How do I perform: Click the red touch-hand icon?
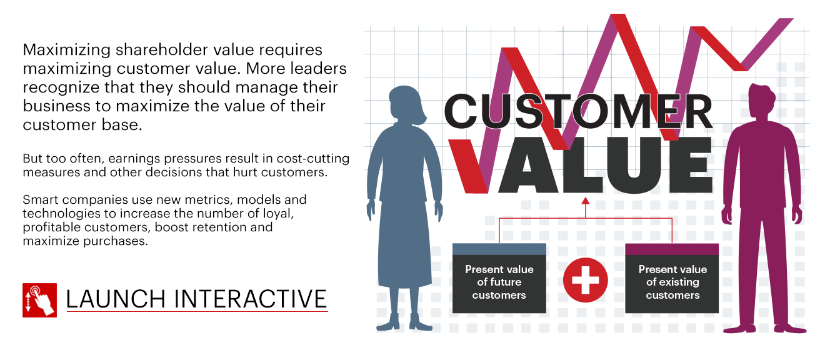[40, 300]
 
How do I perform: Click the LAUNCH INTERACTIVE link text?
[196, 299]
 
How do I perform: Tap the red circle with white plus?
[585, 280]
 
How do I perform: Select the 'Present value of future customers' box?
[499, 278]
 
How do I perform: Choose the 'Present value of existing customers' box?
[672, 278]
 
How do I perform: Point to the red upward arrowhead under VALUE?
[586, 201]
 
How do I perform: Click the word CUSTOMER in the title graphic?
[578, 111]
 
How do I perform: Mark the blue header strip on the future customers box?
[499, 249]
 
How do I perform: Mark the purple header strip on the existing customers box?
[672, 249]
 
